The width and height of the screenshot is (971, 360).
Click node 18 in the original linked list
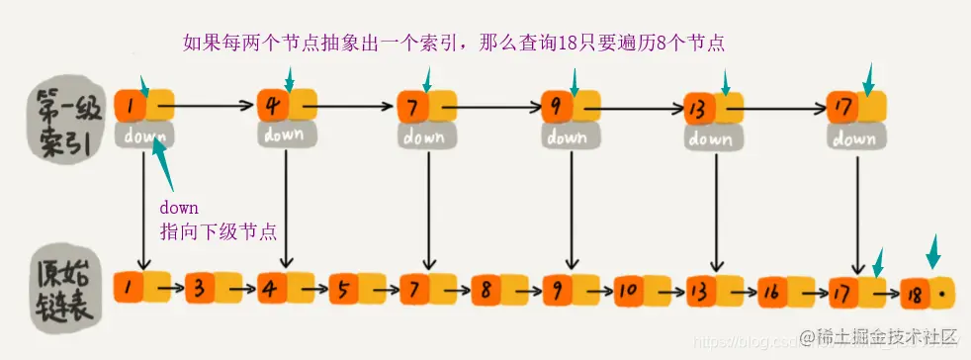(917, 294)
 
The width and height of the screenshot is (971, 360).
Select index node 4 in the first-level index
(273, 103)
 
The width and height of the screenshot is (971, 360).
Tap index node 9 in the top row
(559, 104)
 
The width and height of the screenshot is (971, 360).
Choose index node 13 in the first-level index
(701, 107)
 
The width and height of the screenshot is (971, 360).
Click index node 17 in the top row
(843, 107)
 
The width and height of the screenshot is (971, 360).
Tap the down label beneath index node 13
(711, 139)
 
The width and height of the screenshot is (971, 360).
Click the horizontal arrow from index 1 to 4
(205, 102)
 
